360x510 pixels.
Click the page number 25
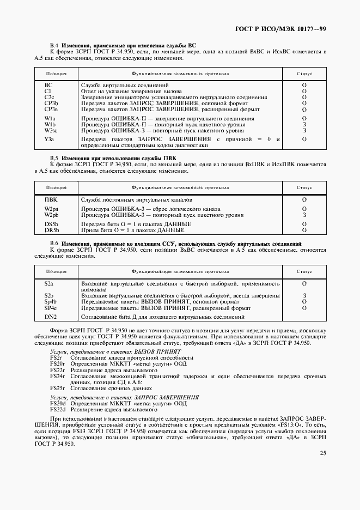pyautogui.click(x=323, y=453)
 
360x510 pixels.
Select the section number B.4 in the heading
pyautogui.click(x=54, y=45)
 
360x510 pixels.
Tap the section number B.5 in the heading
pyautogui.click(x=54, y=157)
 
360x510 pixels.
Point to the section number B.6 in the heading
pyautogui.click(x=54, y=242)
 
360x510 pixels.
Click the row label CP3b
pyautogui.click(x=51, y=103)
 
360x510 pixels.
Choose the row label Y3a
pyautogui.click(x=50, y=139)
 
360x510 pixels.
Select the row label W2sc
pyautogui.click(x=52, y=130)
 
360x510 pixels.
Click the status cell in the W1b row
pyautogui.click(x=304, y=124)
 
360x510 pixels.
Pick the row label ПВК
pyautogui.click(x=51, y=200)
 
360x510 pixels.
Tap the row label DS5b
pyautogui.click(x=51, y=224)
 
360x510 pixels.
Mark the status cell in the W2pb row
pyautogui.click(x=304, y=215)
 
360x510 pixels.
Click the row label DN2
pyautogui.click(x=50, y=317)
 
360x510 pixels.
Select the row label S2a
pyautogui.click(x=49, y=284)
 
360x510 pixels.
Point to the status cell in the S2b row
pyautogui.click(x=304, y=295)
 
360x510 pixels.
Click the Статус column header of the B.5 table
pyautogui.click(x=304, y=187)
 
